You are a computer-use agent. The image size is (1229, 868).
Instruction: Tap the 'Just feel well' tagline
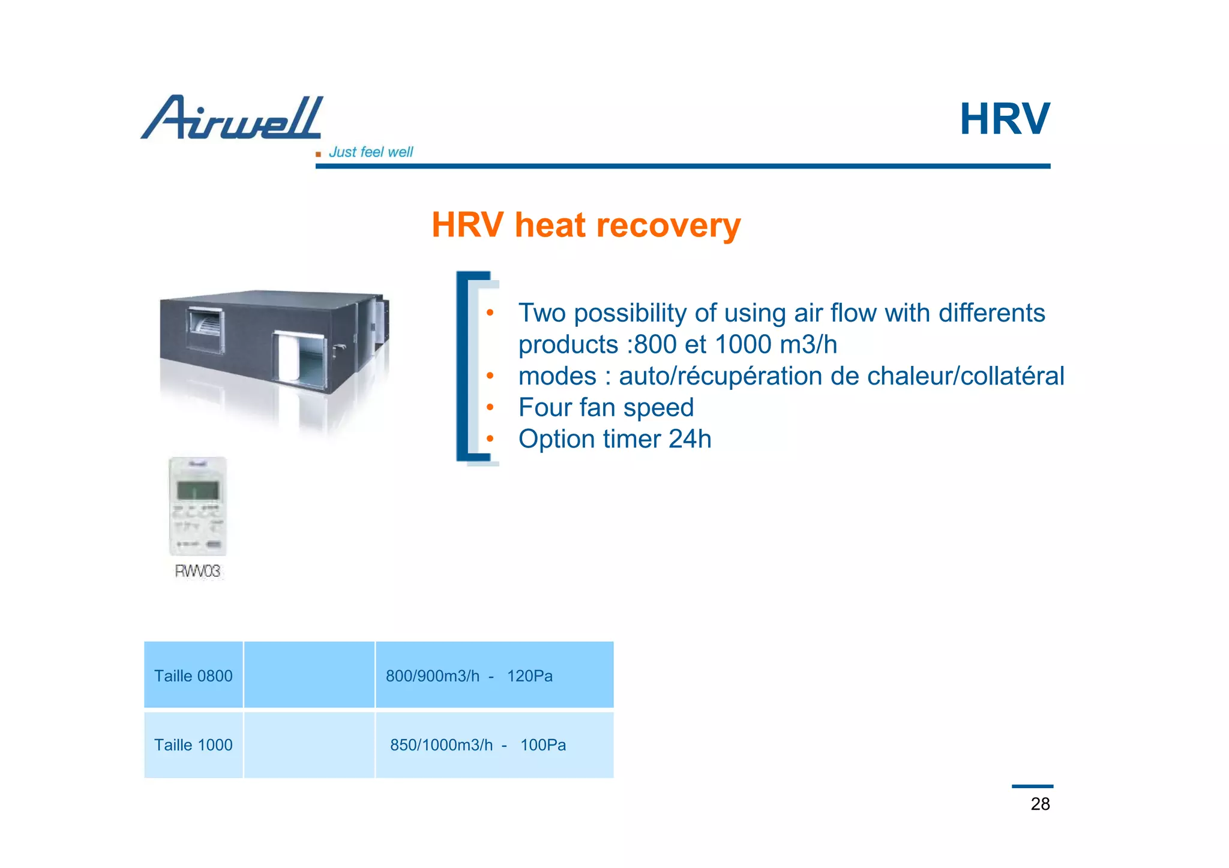pyautogui.click(x=370, y=152)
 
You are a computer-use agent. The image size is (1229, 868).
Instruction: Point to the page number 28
pyautogui.click(x=1040, y=804)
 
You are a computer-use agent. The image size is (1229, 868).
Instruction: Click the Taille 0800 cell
pyautogui.click(x=193, y=676)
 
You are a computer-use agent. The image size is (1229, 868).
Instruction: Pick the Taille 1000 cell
pyautogui.click(x=193, y=745)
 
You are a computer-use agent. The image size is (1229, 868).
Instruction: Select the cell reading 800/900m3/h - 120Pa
pyautogui.click(x=469, y=676)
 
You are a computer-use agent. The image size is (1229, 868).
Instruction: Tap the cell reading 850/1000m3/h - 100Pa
pyautogui.click(x=478, y=745)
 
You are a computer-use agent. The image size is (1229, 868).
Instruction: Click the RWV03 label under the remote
pyautogui.click(x=197, y=571)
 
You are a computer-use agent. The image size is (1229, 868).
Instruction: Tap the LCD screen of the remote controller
pyautogui.click(x=197, y=491)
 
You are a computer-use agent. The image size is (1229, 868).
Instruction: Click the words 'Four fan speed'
pyautogui.click(x=606, y=408)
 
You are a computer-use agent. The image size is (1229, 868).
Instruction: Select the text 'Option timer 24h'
pyautogui.click(x=614, y=439)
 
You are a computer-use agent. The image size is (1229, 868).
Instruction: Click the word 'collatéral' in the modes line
pyautogui.click(x=1012, y=377)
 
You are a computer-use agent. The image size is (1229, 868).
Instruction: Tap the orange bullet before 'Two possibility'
pyautogui.click(x=490, y=313)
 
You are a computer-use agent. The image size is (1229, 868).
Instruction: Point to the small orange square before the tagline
pyautogui.click(x=318, y=154)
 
